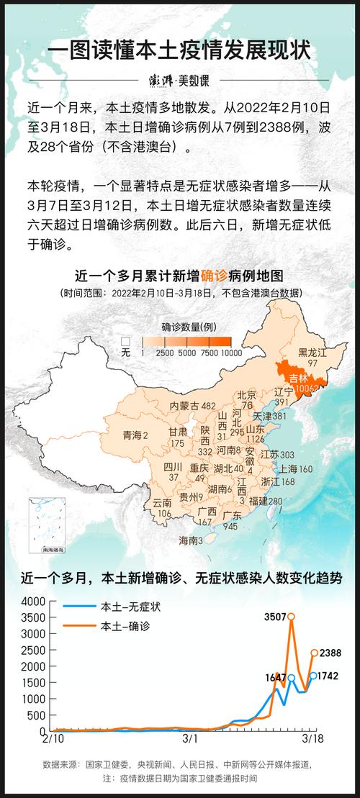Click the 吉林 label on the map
click(x=298, y=378)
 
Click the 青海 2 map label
click(x=135, y=435)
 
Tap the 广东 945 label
click(x=231, y=520)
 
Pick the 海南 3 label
click(x=191, y=540)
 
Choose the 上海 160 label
click(x=296, y=469)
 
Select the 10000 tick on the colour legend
click(x=231, y=353)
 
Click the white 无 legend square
click(x=125, y=340)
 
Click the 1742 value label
click(x=328, y=676)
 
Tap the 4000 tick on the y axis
click(x=34, y=602)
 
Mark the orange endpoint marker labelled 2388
click(x=314, y=653)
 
